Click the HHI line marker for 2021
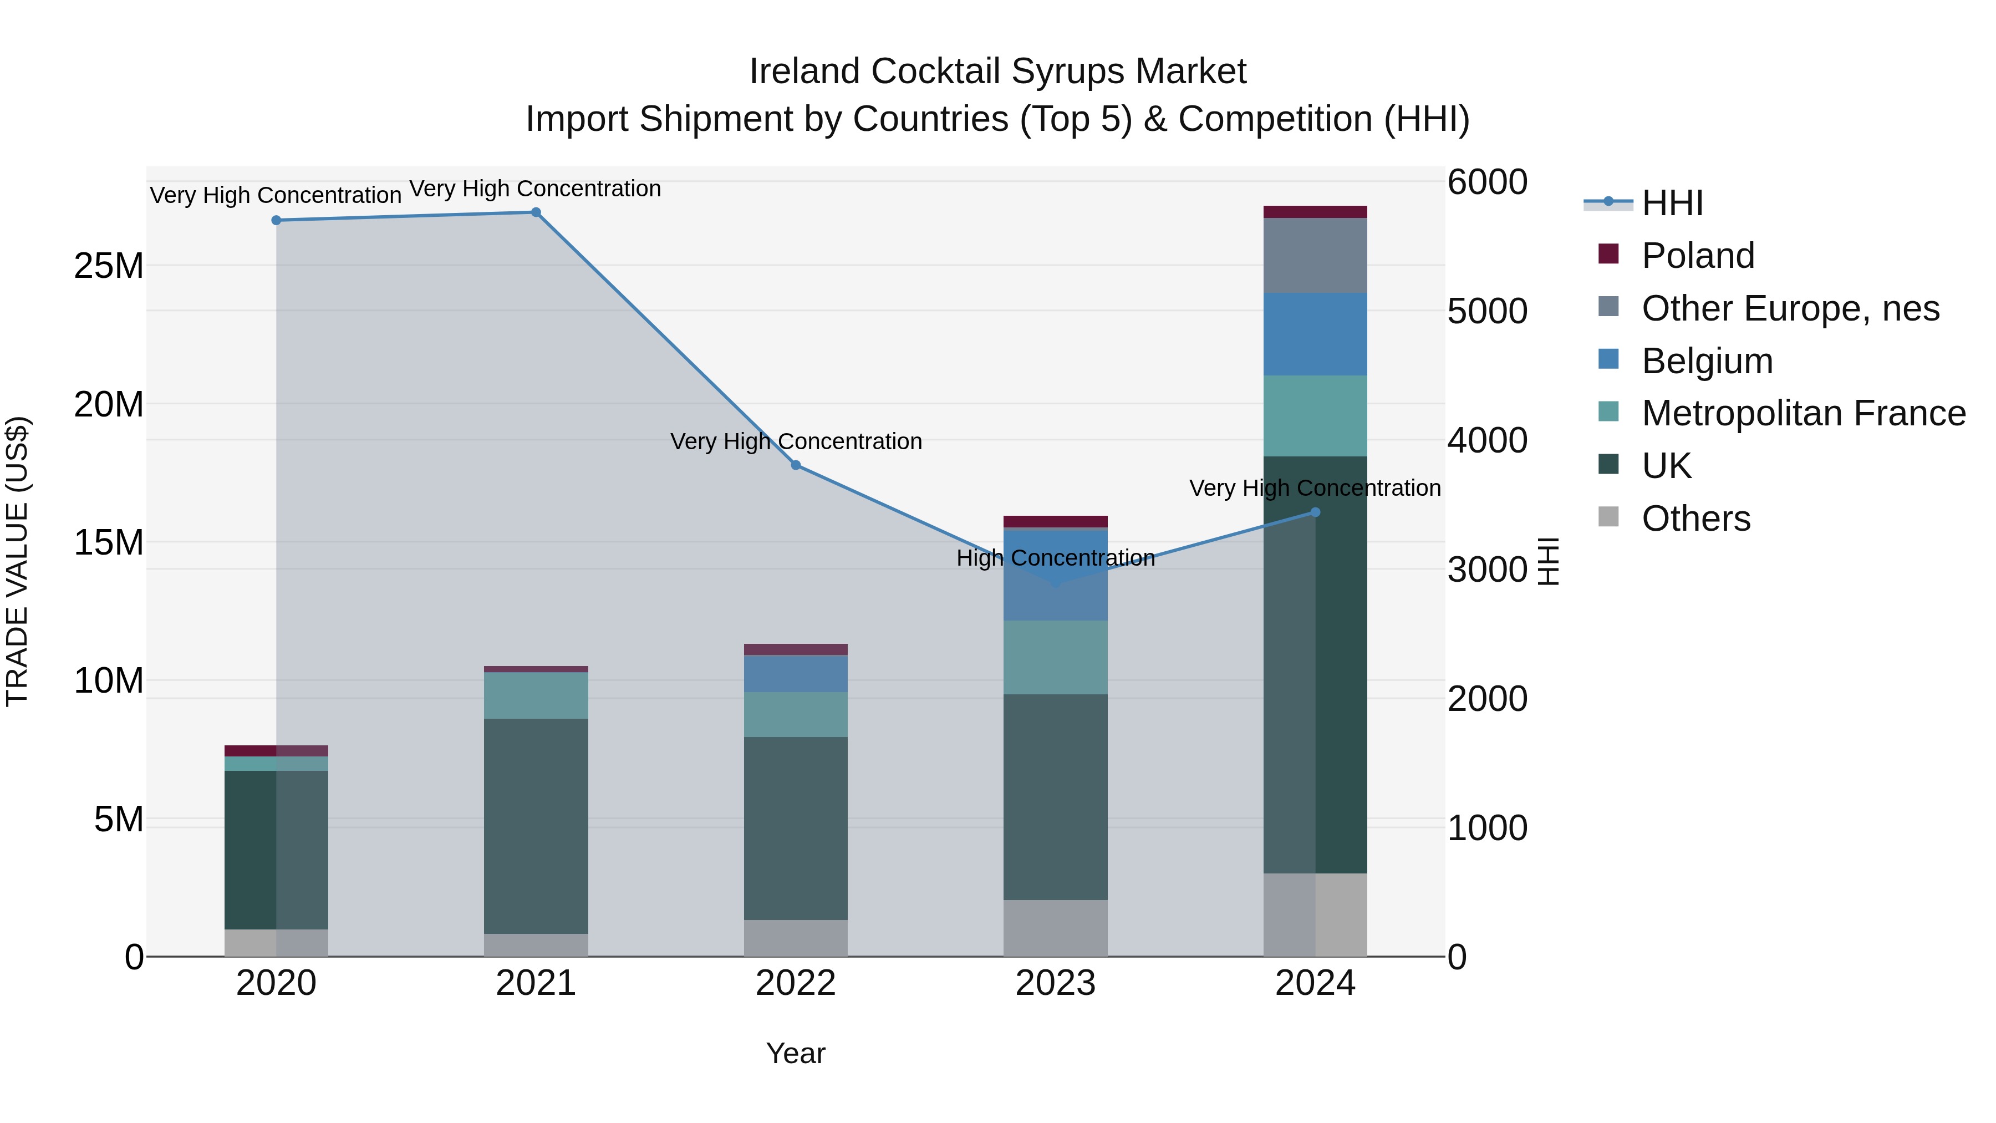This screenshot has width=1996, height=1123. (x=536, y=212)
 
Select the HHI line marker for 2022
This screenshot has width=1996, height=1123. (x=796, y=465)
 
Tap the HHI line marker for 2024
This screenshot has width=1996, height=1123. (x=1315, y=512)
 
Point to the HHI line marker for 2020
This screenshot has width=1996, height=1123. (x=277, y=220)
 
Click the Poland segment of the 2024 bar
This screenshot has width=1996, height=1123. (x=1315, y=212)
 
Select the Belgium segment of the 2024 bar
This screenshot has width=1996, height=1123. (x=1315, y=334)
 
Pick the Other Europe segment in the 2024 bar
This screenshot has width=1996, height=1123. (x=1315, y=256)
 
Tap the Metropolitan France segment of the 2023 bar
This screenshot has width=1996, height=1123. (x=1055, y=657)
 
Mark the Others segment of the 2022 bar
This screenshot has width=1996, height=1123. (x=796, y=938)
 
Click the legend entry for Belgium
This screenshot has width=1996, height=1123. (x=1707, y=361)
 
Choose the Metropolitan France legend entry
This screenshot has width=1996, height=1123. (x=1803, y=414)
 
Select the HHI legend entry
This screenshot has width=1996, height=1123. (x=1672, y=203)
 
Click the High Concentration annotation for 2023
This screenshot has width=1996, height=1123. (x=1055, y=558)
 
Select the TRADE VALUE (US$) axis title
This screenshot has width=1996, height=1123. (x=17, y=561)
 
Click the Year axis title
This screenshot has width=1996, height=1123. (x=796, y=1053)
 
